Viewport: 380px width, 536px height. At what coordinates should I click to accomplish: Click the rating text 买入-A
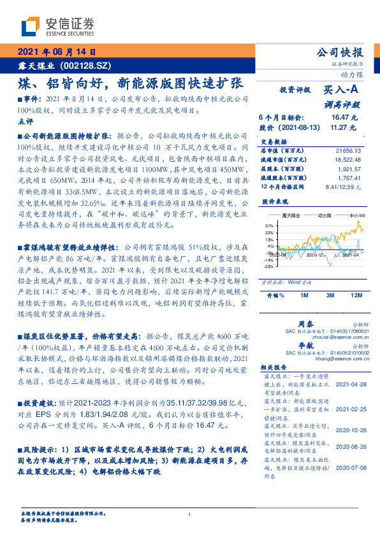(x=342, y=91)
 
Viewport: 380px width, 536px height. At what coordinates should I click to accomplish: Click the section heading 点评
(x=25, y=121)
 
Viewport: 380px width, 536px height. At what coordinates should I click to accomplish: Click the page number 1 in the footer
(x=189, y=514)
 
